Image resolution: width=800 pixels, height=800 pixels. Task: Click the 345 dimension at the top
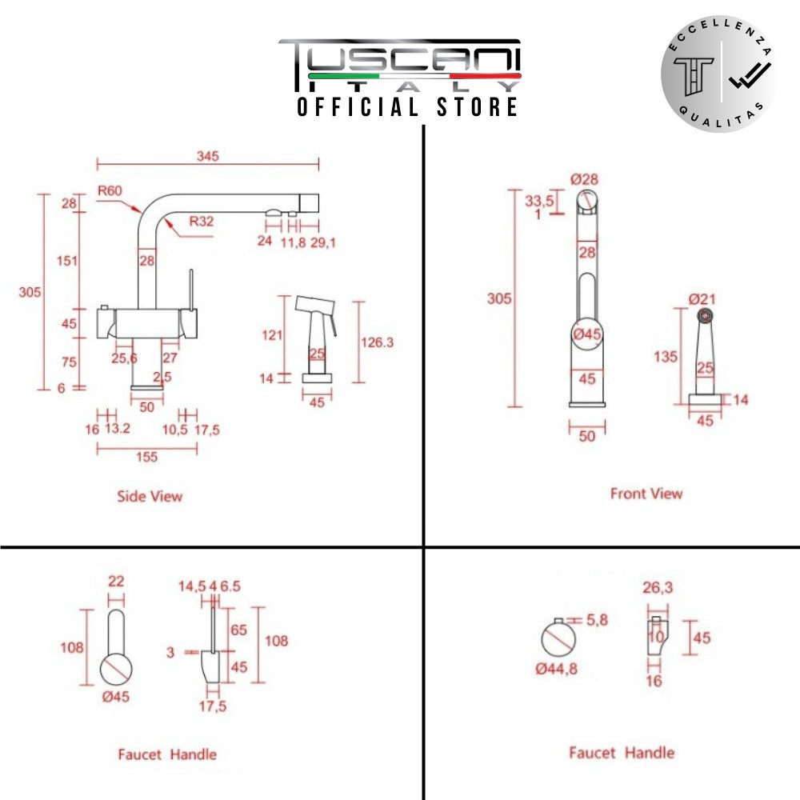[207, 156]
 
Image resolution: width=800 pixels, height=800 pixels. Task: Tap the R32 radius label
[202, 222]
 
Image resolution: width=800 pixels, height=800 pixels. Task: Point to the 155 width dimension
[146, 457]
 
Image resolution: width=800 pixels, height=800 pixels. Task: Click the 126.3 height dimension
[378, 342]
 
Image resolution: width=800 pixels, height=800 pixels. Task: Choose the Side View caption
[150, 496]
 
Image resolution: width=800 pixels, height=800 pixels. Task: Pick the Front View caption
[646, 494]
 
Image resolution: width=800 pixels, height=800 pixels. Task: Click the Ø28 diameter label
[586, 179]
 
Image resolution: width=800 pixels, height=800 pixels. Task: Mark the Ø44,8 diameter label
[557, 669]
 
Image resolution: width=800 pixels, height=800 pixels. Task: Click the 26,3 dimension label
[658, 588]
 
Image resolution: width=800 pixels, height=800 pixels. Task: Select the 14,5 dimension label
[192, 586]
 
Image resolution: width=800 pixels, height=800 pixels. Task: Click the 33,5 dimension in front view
[540, 201]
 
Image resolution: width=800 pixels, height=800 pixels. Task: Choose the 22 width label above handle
[117, 582]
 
